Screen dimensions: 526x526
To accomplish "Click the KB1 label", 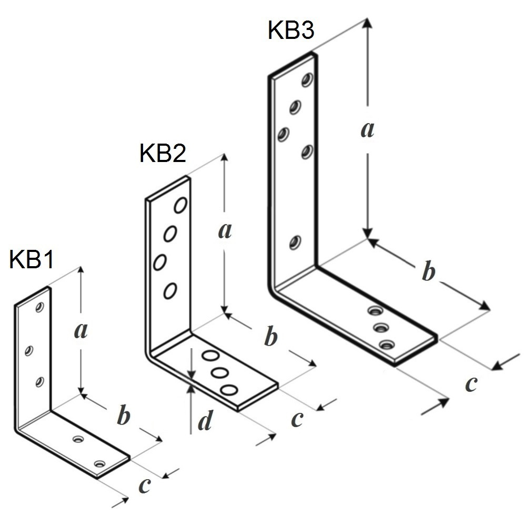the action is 31,259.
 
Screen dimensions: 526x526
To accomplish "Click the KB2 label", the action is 163,153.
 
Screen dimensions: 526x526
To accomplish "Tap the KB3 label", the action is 291,29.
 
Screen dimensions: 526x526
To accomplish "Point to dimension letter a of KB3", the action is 367,129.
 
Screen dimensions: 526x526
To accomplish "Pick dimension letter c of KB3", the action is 471,384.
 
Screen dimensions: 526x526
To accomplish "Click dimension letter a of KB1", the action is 81,330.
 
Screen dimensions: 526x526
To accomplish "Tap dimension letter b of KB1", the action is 124,416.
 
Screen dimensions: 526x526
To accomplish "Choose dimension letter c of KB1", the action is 145,485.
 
